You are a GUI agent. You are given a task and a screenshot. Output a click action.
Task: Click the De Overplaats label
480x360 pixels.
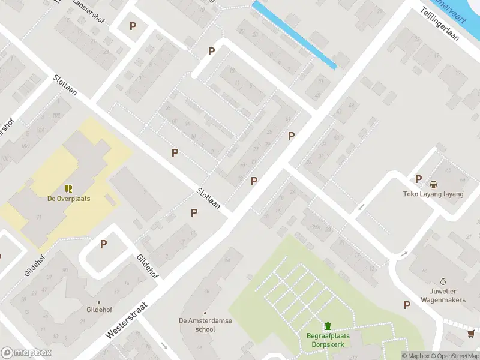click(69, 199)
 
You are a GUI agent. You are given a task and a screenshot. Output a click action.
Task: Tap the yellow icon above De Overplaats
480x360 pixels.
click(69, 188)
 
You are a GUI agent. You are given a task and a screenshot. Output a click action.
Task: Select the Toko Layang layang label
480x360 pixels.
click(433, 194)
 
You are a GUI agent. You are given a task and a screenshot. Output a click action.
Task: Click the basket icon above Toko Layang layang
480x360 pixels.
click(433, 184)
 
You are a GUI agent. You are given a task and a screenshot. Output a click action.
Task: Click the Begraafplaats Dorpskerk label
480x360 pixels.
click(328, 340)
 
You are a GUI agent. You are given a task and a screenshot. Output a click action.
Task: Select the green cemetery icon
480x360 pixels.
click(328, 326)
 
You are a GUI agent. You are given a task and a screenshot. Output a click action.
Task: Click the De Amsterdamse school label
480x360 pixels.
click(205, 325)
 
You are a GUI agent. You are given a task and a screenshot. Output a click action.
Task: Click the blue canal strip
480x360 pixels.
click(293, 34)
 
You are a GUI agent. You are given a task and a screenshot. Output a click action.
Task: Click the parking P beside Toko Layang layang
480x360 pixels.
click(419, 179)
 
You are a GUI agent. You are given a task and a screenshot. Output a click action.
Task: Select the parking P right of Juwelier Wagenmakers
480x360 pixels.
click(407, 305)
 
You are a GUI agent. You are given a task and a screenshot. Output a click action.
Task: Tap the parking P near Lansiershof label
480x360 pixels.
click(133, 26)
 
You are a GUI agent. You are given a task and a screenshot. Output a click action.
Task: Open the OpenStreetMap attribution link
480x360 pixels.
click(455, 356)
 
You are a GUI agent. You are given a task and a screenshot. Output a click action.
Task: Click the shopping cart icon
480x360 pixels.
click(472, 333)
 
